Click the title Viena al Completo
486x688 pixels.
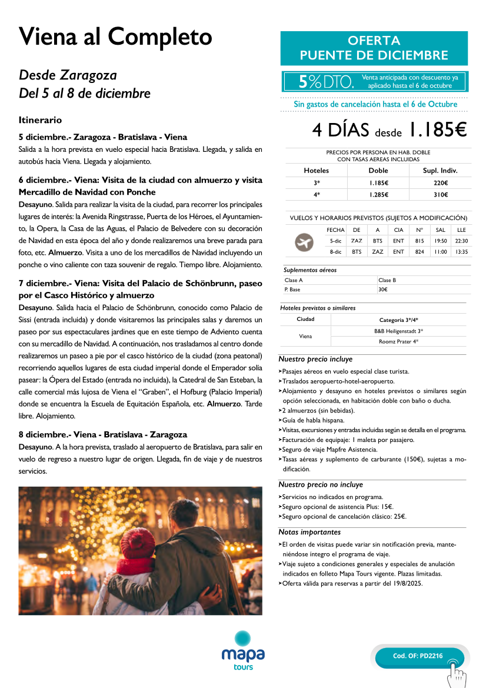click(x=115, y=36)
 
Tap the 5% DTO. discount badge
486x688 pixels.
click(x=327, y=82)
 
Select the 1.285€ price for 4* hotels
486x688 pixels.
click(x=379, y=195)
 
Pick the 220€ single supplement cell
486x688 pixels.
click(x=440, y=182)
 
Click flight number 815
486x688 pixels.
click(x=420, y=241)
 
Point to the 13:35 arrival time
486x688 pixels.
click(x=461, y=252)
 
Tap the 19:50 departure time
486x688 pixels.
click(x=440, y=241)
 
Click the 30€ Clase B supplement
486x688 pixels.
click(x=383, y=290)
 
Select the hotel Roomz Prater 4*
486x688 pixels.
click(x=398, y=341)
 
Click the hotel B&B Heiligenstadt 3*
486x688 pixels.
click(x=398, y=331)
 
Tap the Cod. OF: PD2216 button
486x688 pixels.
click(x=418, y=656)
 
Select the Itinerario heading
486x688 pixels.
click(x=40, y=120)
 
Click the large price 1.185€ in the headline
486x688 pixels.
click(x=438, y=129)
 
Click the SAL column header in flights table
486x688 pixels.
click(x=440, y=230)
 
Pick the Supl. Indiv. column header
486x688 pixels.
click(x=440, y=171)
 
